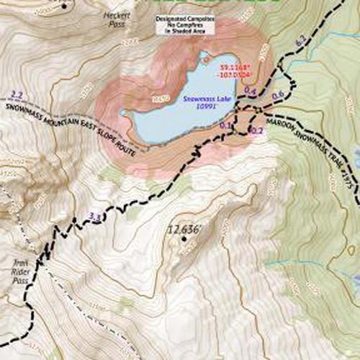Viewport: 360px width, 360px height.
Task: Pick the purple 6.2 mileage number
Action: [302, 45]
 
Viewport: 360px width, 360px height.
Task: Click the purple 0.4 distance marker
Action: [251, 90]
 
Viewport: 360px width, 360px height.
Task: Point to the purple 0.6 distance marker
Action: [277, 95]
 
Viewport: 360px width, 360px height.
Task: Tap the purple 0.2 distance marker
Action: [256, 130]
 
